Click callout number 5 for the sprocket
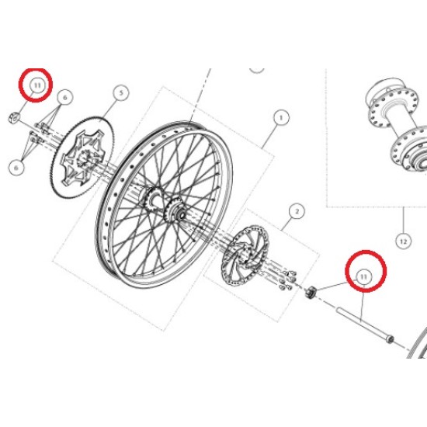[121, 93]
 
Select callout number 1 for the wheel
[281, 118]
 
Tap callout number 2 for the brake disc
[297, 211]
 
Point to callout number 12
[403, 241]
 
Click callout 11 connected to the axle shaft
[364, 277]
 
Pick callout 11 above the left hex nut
[37, 85]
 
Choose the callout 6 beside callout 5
[65, 97]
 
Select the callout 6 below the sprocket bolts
[16, 167]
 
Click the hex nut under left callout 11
[14, 117]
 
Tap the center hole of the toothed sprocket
[83, 160]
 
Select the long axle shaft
[365, 325]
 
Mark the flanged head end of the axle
[391, 340]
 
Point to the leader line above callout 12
[404, 220]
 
